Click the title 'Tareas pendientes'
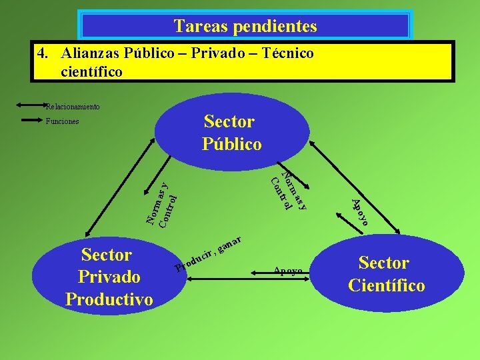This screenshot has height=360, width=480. (245, 26)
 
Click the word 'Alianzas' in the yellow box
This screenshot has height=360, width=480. (89, 53)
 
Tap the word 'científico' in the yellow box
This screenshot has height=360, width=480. (91, 71)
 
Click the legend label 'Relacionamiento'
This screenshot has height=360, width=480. (73, 106)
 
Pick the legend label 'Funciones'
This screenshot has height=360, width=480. (62, 121)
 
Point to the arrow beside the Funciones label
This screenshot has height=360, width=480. (30, 121)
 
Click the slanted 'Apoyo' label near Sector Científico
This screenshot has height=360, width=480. (360, 212)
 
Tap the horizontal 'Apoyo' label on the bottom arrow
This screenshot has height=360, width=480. (287, 271)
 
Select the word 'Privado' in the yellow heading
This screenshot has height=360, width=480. (223, 53)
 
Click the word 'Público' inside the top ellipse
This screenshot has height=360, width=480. (231, 143)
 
